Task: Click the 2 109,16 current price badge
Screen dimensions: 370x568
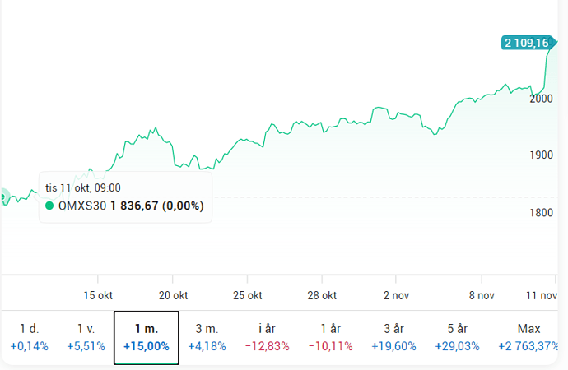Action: click(527, 43)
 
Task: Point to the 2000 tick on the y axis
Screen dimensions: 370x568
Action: click(542, 99)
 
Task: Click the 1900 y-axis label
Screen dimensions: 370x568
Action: click(542, 155)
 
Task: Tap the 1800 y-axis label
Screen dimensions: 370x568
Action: click(542, 213)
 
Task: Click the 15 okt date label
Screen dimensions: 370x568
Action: click(98, 295)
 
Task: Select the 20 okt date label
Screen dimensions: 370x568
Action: click(174, 295)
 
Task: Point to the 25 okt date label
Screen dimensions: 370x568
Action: click(248, 295)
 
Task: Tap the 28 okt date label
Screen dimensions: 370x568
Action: click(322, 295)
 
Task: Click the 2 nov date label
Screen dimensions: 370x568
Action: click(396, 295)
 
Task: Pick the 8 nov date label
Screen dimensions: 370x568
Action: click(480, 295)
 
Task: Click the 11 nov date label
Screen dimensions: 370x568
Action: click(542, 295)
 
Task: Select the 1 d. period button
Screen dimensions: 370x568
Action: click(30, 337)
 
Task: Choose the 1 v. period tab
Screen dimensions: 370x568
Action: click(86, 337)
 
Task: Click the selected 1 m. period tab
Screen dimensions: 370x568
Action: click(146, 337)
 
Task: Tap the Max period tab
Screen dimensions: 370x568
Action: click(529, 337)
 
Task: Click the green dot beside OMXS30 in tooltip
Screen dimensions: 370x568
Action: click(50, 206)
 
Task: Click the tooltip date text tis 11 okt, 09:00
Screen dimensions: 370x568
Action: click(83, 188)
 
